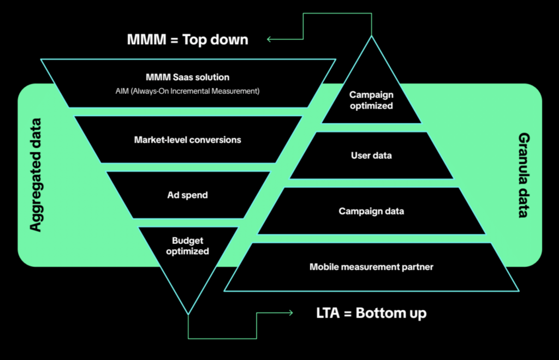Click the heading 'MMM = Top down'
click(x=188, y=39)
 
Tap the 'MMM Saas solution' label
click(x=187, y=77)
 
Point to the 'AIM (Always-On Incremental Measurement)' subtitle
click(x=187, y=91)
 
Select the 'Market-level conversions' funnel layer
click(x=187, y=140)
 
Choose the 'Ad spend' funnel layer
click(x=187, y=195)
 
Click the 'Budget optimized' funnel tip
click(x=187, y=246)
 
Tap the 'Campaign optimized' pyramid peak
click(x=371, y=100)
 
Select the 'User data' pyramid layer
click(x=371, y=155)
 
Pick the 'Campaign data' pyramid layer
click(x=371, y=211)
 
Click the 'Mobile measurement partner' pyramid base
click(x=371, y=267)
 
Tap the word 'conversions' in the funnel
click(x=216, y=140)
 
